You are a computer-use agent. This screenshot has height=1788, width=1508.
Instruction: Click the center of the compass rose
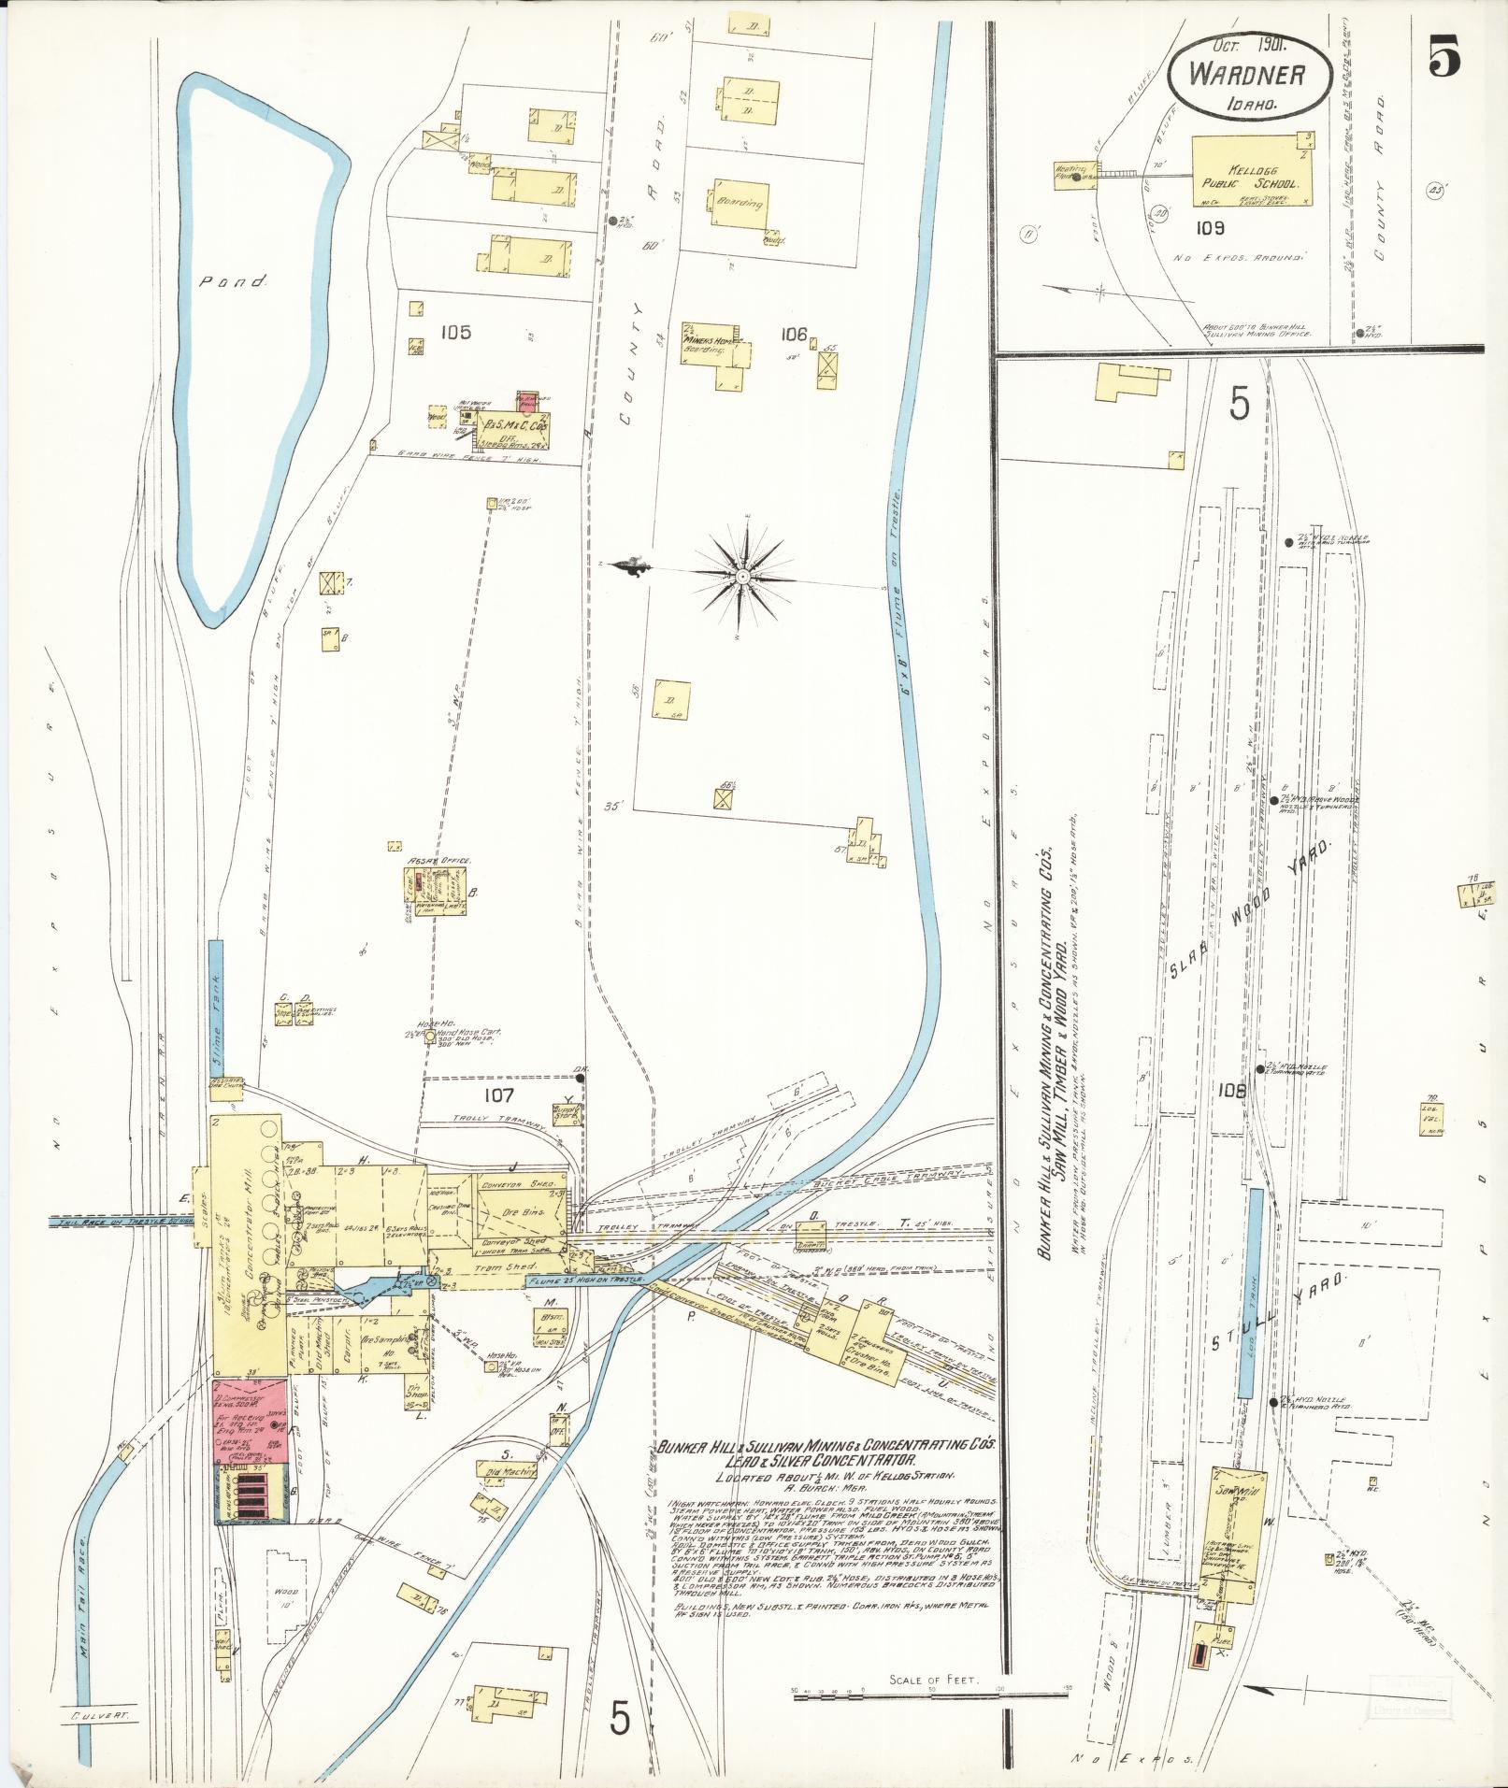[742, 577]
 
